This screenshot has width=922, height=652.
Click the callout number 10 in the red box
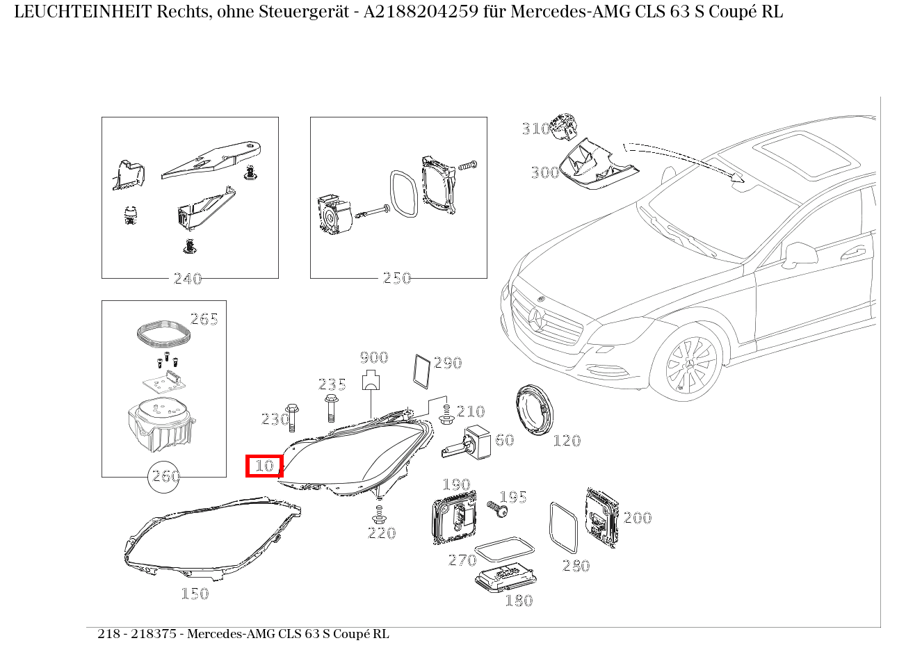click(x=264, y=466)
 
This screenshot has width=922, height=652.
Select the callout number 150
click(x=195, y=594)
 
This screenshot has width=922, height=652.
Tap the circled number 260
click(x=165, y=477)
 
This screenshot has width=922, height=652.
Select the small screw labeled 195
click(x=497, y=509)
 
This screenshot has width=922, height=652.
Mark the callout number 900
click(x=373, y=358)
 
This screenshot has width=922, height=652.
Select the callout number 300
click(x=544, y=172)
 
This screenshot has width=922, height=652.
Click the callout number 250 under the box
click(x=396, y=278)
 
